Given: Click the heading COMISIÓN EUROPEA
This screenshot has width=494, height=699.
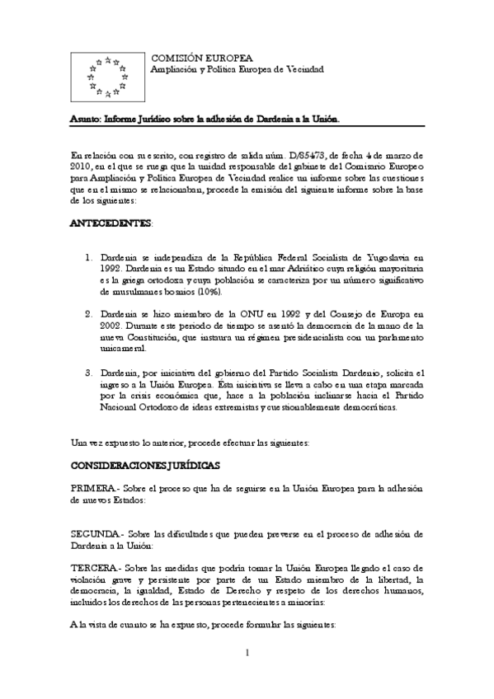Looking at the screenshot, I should point(190,58).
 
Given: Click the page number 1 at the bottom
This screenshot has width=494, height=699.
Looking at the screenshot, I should point(246,654).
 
